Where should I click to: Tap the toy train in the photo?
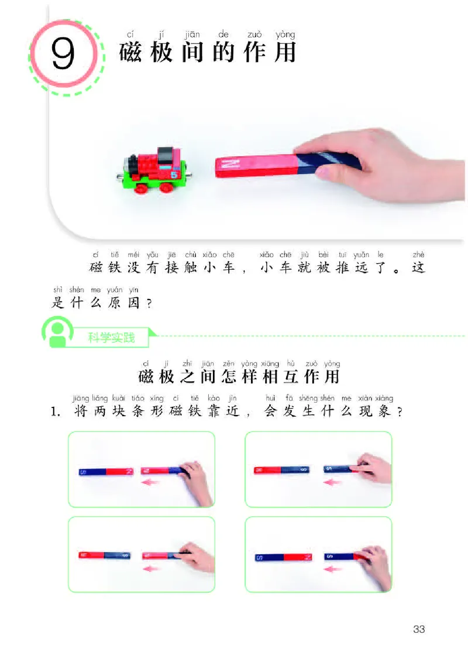click(x=154, y=170)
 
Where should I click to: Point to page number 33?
click(x=419, y=629)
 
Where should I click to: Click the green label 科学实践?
click(x=112, y=337)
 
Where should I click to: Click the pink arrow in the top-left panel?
click(x=149, y=482)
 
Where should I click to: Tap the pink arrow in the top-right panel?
click(x=332, y=482)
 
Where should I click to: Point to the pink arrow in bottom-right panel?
click(x=332, y=568)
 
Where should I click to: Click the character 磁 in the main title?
click(x=130, y=53)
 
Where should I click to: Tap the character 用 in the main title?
click(x=285, y=53)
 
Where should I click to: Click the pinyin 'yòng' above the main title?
click(x=285, y=35)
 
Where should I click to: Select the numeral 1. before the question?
click(x=56, y=412)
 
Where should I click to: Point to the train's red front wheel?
click(x=140, y=189)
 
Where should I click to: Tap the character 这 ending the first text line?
click(x=418, y=268)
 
